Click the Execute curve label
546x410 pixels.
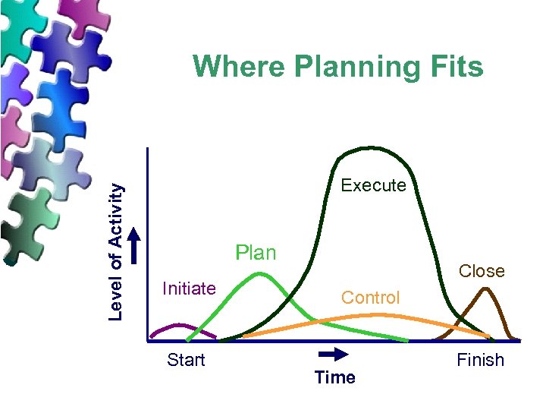point(373,185)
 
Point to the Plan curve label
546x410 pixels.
point(256,252)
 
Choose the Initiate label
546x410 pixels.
point(190,288)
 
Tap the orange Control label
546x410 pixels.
point(370,298)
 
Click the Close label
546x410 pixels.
point(482,271)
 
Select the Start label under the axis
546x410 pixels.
point(186,360)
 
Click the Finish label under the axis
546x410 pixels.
point(480,360)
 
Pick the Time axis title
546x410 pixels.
point(334,377)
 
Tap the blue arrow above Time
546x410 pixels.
point(332,354)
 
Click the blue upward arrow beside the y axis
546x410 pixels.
point(135,246)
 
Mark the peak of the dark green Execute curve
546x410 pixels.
point(369,147)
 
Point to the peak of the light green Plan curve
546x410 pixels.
point(260,274)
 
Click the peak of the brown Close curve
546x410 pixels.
point(484,289)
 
